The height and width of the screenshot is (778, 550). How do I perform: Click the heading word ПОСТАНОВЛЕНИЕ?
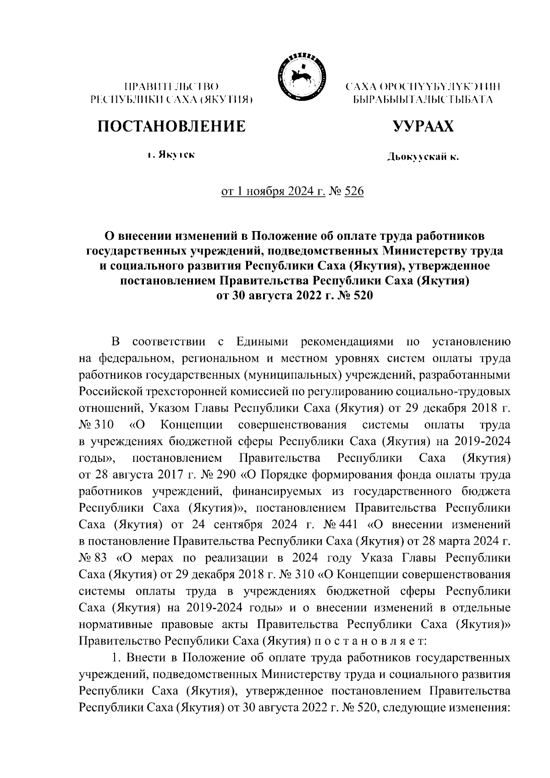[x=171, y=126]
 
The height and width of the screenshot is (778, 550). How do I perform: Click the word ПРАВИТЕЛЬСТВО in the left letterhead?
[x=171, y=87]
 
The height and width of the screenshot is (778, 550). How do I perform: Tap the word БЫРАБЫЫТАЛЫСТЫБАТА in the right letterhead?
[x=422, y=99]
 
